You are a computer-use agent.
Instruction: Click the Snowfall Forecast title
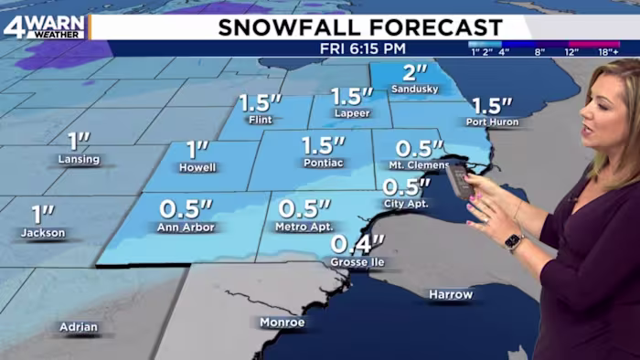tap(360, 27)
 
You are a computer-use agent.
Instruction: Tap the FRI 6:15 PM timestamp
tap(361, 48)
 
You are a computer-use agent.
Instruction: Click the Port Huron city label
tap(492, 122)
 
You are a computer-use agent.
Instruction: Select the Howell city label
tap(197, 167)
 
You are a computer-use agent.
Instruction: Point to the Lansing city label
tap(79, 158)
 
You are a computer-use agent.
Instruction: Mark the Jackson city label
tap(44, 233)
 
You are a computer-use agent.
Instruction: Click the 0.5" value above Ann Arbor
tap(186, 208)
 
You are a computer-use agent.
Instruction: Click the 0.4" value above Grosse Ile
tap(357, 244)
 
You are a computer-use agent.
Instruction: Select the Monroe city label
tap(282, 322)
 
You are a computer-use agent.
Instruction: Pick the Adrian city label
tap(79, 326)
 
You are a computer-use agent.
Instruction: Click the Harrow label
tap(451, 294)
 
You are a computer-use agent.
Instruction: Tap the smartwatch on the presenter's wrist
tap(513, 242)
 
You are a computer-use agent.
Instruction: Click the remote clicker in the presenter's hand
tap(461, 179)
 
